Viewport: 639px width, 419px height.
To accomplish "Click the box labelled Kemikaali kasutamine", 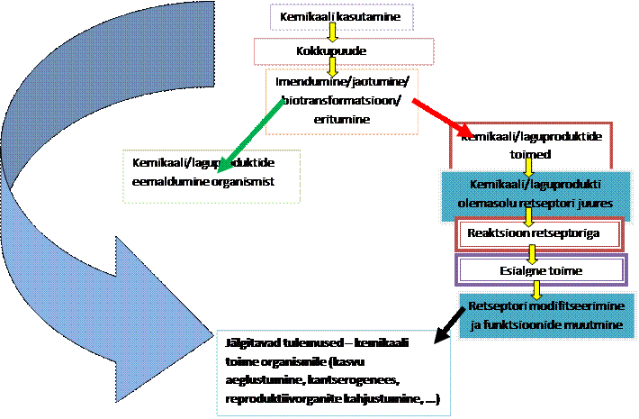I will (x=334, y=16).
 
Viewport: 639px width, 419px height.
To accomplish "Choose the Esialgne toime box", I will (x=540, y=269).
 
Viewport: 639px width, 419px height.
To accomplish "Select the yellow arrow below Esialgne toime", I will (x=537, y=288).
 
